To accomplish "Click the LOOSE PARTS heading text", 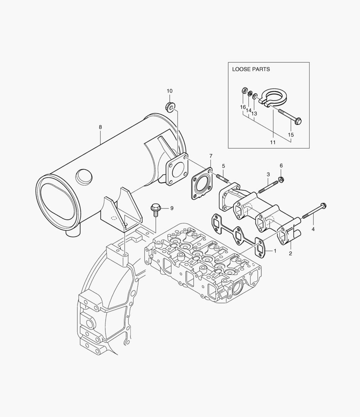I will click(x=251, y=69).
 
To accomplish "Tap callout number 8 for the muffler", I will click(x=100, y=127).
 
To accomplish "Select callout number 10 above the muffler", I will click(x=170, y=91).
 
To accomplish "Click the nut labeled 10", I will click(x=170, y=105).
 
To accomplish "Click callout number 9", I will click(x=172, y=208).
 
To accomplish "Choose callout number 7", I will click(x=211, y=156).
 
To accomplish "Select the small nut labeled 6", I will click(x=281, y=179).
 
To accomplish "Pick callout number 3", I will click(x=268, y=175).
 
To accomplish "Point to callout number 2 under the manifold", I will click(x=290, y=254).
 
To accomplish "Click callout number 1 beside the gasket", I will click(x=275, y=251).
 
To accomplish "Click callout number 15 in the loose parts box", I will click(x=291, y=135).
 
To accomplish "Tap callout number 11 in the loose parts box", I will click(x=273, y=142).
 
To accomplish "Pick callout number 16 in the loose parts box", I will click(x=243, y=107).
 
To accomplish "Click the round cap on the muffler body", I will click(x=83, y=176).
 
